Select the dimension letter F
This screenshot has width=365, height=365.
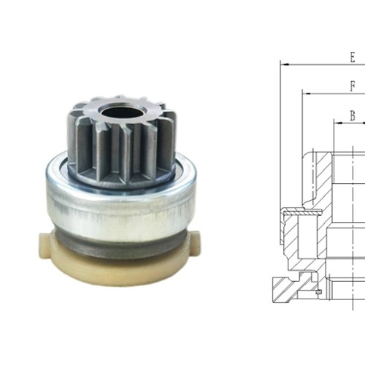tap(352, 85)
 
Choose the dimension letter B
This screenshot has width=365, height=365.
tap(352, 115)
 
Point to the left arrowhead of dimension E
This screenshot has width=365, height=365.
tap(285, 64)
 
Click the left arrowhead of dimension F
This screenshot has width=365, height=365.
tap(307, 93)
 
